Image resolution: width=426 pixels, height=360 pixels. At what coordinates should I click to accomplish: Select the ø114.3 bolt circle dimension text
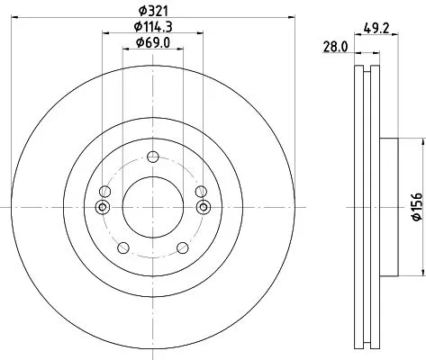point(151,27)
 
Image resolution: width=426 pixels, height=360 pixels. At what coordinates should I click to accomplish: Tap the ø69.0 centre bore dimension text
point(151,43)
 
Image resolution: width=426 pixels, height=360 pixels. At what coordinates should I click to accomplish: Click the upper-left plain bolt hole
point(106,192)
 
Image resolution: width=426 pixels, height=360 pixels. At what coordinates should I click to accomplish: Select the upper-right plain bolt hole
point(200,192)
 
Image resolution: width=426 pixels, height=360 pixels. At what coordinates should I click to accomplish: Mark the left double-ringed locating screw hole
point(102,208)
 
